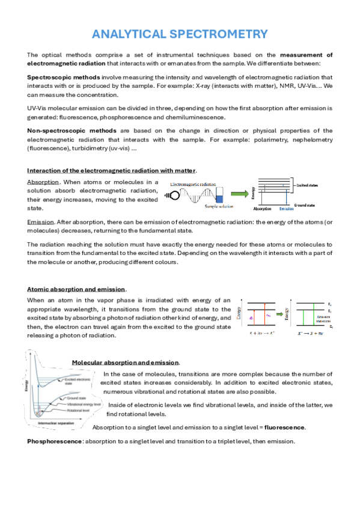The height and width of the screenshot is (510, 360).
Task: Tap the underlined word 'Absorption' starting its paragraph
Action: (43, 182)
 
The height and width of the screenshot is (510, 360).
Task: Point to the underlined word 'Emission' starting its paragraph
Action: (41, 222)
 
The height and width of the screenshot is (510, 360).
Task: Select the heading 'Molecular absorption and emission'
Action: (125, 363)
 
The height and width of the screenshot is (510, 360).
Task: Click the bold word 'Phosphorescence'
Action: (55, 441)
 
